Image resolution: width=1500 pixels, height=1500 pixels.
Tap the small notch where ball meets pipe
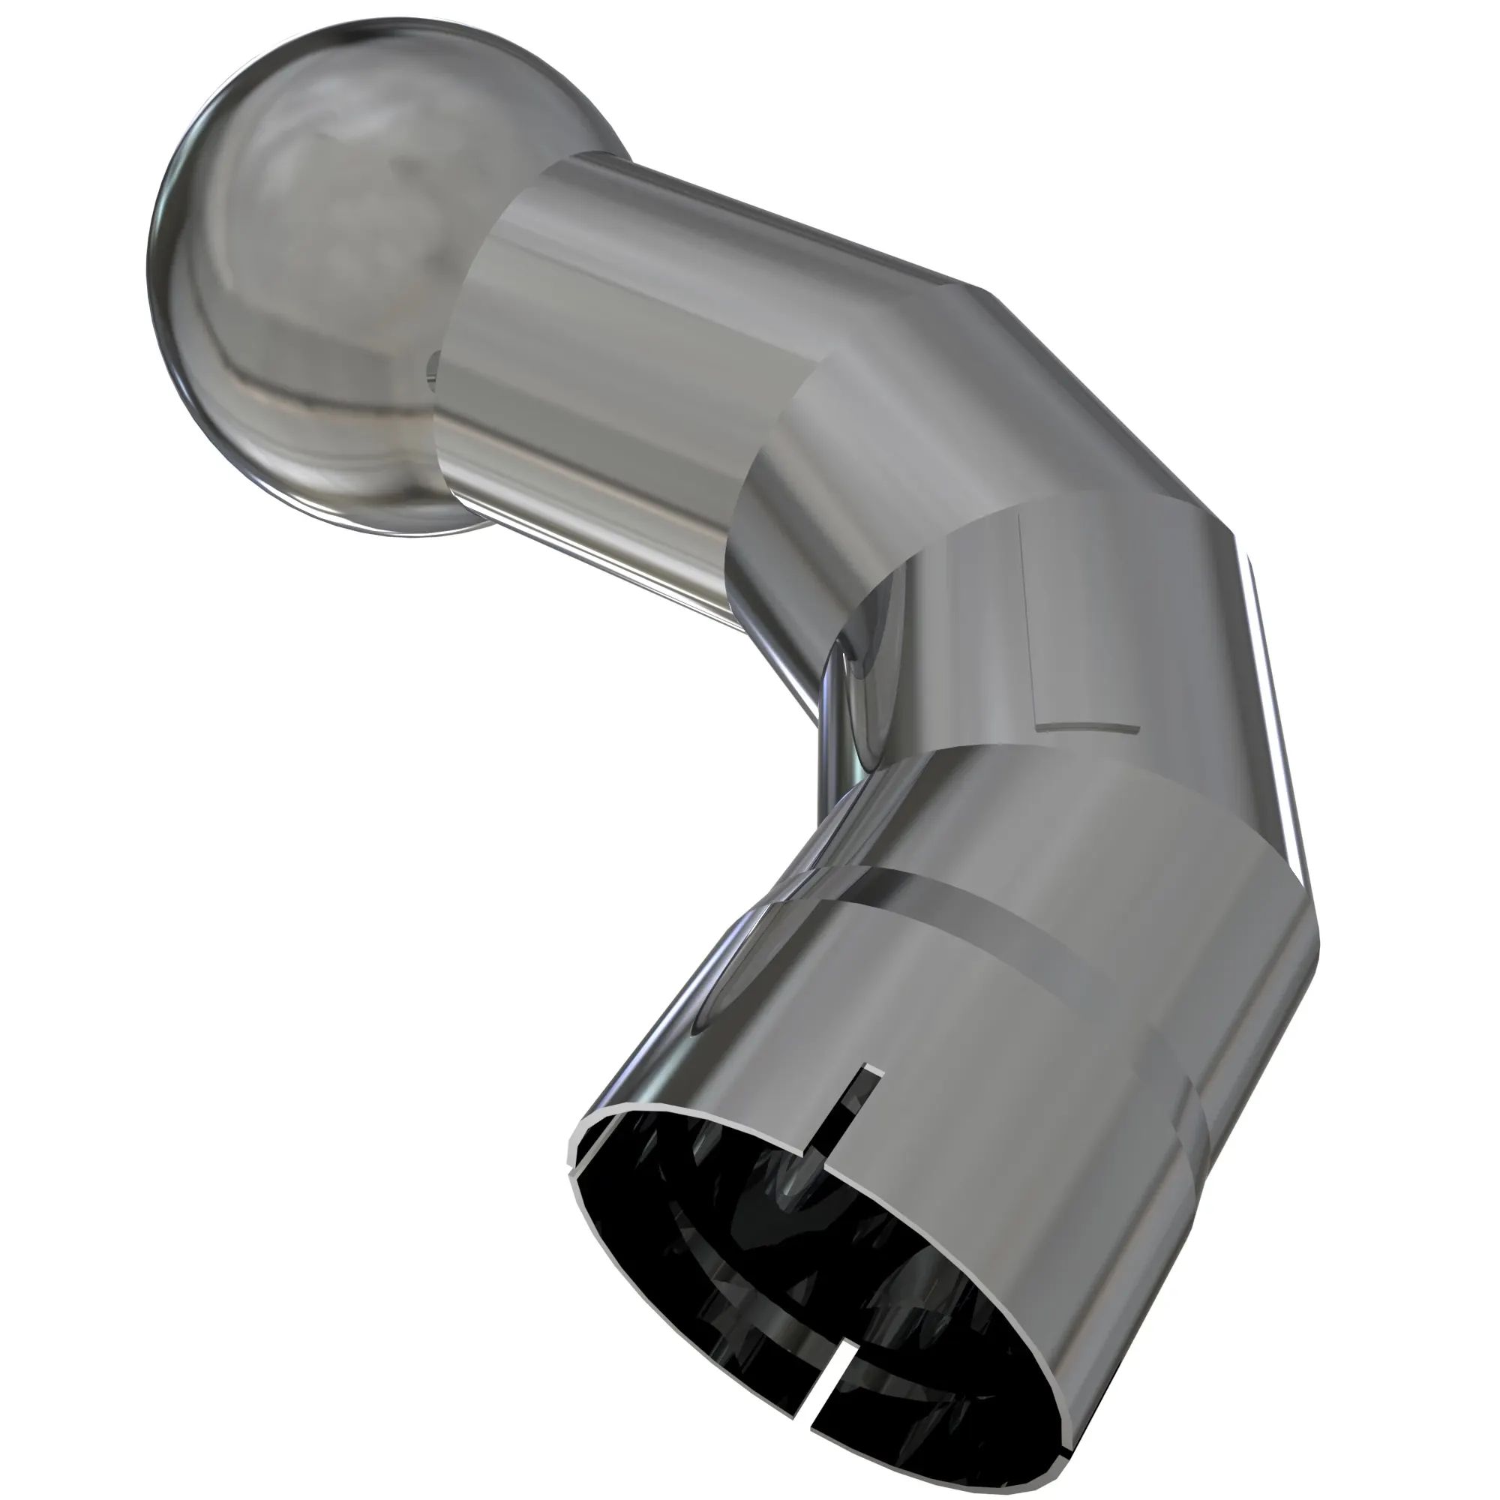pyautogui.click(x=432, y=365)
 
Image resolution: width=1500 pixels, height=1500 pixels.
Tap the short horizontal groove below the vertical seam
pyautogui.click(x=1087, y=728)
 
